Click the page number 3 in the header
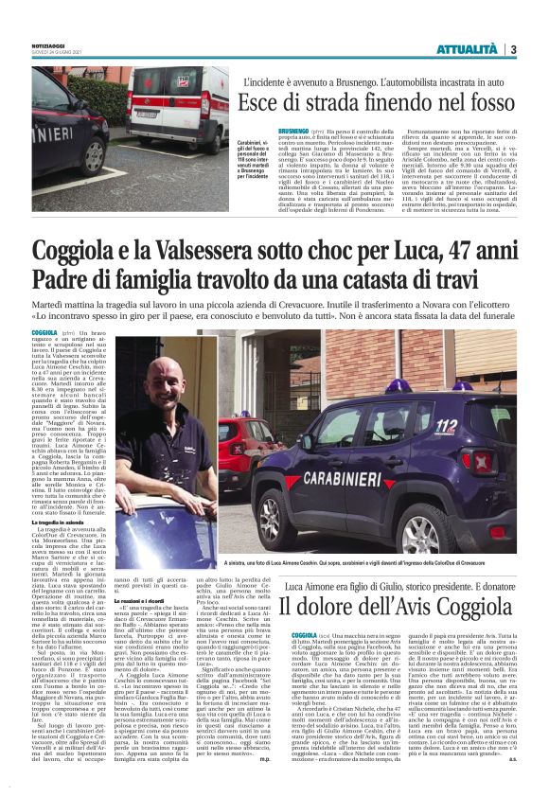(x=512, y=49)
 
